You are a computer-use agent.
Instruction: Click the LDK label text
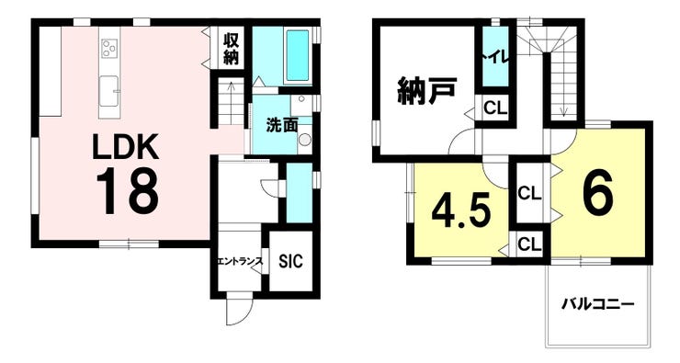pos(125,147)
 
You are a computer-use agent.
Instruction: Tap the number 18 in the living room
pos(127,191)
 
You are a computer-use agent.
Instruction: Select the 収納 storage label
pos(232,49)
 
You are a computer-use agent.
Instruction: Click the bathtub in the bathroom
pos(298,55)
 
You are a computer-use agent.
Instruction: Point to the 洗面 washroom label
pos(281,126)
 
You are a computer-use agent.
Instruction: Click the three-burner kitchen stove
pos(109,48)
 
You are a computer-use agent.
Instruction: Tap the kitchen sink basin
pos(108,91)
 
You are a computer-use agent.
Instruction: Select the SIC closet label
pos(290,262)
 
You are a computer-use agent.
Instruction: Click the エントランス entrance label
pos(240,261)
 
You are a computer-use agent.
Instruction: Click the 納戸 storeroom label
pos(426,91)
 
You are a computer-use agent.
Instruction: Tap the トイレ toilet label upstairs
pos(494,58)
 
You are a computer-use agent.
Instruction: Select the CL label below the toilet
pos(495,108)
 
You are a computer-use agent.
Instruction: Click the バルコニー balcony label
pos(598,304)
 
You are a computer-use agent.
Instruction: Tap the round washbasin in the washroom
pos(305,139)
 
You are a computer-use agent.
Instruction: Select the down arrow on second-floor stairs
pos(563,108)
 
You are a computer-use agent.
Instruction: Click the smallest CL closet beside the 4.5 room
pos(529,245)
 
